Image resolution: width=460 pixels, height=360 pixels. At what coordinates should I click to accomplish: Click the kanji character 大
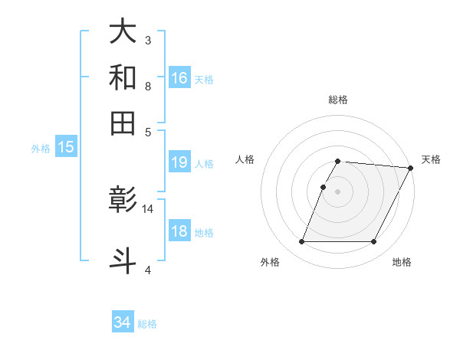click(x=123, y=31)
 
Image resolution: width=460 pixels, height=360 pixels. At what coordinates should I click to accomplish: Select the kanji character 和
click(x=123, y=77)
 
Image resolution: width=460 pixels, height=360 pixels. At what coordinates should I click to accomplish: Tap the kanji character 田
click(x=123, y=122)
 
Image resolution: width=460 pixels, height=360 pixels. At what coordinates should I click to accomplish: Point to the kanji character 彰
click(x=123, y=201)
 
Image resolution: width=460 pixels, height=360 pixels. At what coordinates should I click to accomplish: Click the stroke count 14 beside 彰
click(x=148, y=208)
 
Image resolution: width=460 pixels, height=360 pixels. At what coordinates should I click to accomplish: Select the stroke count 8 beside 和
click(x=148, y=86)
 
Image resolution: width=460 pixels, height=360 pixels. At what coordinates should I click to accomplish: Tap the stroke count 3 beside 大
click(x=148, y=40)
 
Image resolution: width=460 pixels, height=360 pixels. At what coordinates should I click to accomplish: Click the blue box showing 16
click(x=179, y=77)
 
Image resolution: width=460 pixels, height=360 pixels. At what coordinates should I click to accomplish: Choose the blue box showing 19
click(x=179, y=162)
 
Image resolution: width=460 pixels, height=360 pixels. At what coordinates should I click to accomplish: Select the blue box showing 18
click(x=179, y=231)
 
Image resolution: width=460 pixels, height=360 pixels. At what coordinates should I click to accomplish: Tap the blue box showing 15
click(x=66, y=147)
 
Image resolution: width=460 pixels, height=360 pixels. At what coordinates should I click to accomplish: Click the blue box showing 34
click(x=123, y=322)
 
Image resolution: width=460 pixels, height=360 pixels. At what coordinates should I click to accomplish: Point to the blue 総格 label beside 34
click(x=147, y=324)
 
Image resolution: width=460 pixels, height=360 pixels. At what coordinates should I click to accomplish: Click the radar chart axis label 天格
click(x=431, y=159)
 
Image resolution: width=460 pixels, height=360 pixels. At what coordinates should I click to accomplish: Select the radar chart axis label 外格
click(x=270, y=263)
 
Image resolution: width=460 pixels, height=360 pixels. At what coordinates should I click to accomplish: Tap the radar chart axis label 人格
click(x=245, y=159)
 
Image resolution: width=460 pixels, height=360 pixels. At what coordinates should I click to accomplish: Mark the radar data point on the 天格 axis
click(x=411, y=168)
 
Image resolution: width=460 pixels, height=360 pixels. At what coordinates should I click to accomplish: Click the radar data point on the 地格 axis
click(x=374, y=242)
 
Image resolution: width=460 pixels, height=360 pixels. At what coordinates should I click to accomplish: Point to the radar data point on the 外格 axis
click(x=301, y=242)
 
